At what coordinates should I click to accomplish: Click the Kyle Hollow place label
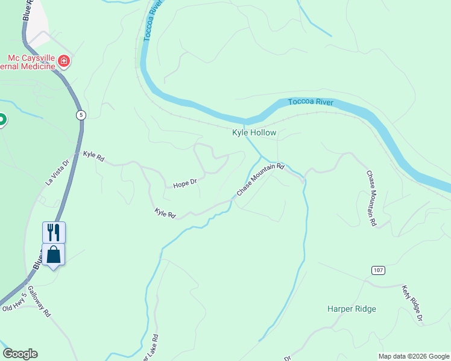(x=254, y=132)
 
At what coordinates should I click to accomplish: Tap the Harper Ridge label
(x=352, y=309)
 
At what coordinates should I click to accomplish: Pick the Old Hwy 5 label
(x=15, y=302)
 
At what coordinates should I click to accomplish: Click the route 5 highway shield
(x=81, y=114)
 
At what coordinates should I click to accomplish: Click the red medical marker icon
(x=64, y=61)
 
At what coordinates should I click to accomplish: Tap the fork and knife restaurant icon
(x=54, y=232)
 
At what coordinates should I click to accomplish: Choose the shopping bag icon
(x=54, y=255)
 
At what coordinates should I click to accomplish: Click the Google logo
(x=20, y=354)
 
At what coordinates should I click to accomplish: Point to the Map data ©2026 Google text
(x=414, y=356)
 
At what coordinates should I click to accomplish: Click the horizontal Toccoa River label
(x=311, y=102)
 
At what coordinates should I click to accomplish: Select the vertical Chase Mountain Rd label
(x=371, y=199)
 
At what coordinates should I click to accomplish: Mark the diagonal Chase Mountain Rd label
(x=260, y=179)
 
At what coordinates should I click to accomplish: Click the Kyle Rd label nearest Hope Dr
(x=165, y=213)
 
